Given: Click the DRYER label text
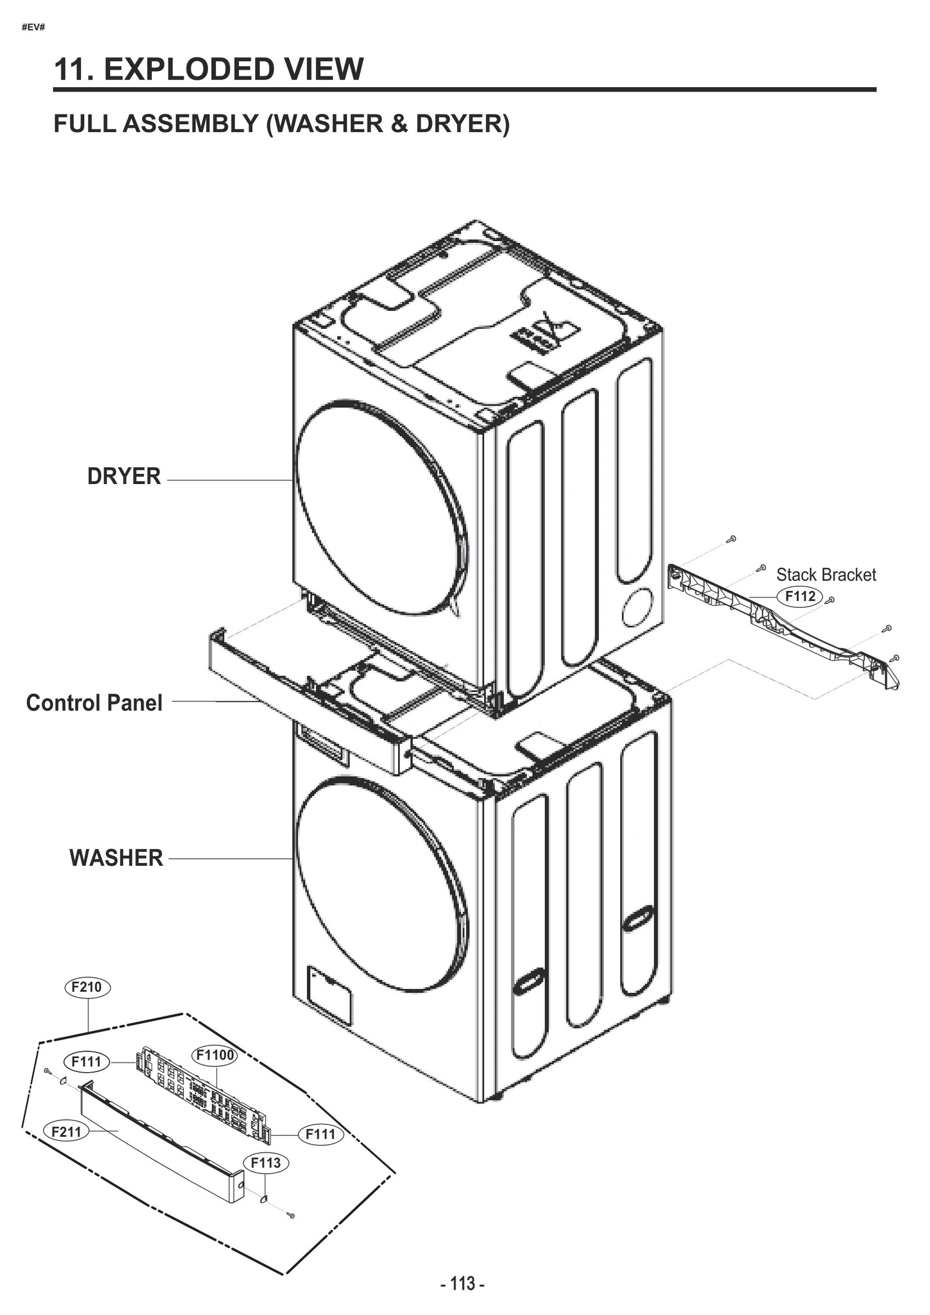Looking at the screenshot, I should pos(124,476).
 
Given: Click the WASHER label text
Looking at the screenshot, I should pos(116,858).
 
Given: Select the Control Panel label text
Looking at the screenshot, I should pos(94,703).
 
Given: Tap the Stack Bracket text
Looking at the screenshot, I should pos(825,575).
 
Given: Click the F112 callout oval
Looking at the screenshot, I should pos(800,596).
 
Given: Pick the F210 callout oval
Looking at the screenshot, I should pos(87,987).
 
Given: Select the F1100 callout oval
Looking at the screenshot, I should pos(214,1055).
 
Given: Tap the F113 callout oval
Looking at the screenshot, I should pos(266,1163).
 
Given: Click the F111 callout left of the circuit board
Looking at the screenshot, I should pos(86,1062).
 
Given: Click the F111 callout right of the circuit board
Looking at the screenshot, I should pos(320,1134).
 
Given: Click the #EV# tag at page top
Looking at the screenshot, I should pos(33,27).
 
